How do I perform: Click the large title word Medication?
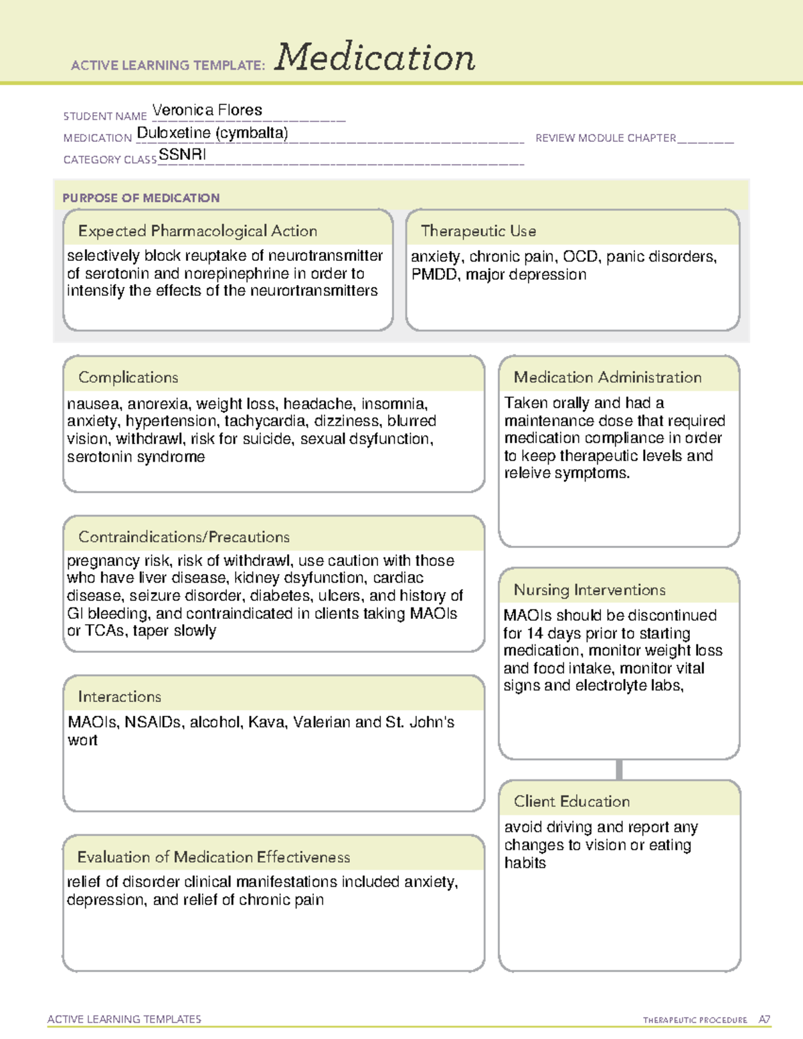(x=375, y=58)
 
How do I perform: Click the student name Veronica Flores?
(x=207, y=110)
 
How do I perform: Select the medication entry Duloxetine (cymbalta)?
(x=212, y=133)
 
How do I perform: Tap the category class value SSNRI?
(x=182, y=155)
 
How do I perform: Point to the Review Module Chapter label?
(x=606, y=138)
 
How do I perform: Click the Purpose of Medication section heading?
(x=141, y=198)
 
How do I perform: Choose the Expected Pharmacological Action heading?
(x=197, y=231)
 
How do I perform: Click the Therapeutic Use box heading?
(x=478, y=231)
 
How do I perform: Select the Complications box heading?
(x=128, y=377)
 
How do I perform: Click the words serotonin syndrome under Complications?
(x=136, y=457)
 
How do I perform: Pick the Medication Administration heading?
(x=607, y=377)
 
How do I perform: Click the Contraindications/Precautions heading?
(x=183, y=537)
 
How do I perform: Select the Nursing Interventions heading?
(x=589, y=589)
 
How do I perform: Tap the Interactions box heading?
(x=119, y=696)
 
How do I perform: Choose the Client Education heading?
(x=571, y=801)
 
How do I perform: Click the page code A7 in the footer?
(x=764, y=1020)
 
